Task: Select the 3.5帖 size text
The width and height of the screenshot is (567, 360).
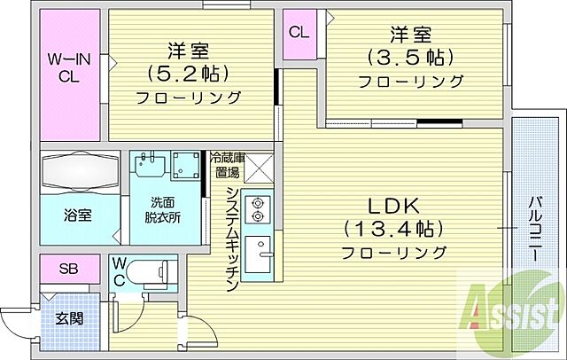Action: [411, 57]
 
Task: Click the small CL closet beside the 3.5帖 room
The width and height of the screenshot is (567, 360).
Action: [299, 33]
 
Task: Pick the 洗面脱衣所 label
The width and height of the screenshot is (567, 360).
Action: [165, 208]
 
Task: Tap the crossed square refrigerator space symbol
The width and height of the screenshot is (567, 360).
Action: [257, 166]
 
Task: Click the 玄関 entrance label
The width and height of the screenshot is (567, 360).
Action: [69, 317]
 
